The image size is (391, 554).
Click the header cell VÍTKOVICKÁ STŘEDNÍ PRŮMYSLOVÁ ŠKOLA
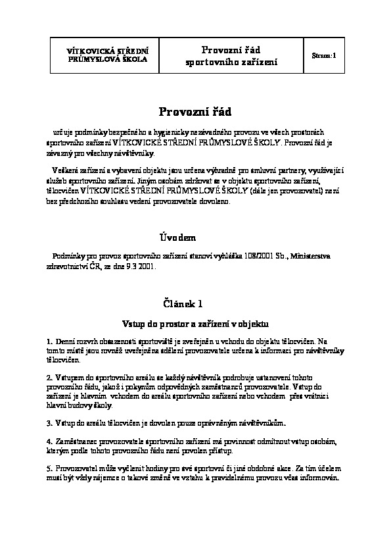click(108, 55)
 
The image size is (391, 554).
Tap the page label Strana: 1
click(323, 56)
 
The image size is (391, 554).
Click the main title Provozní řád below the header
click(195, 111)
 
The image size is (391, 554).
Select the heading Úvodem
click(178, 237)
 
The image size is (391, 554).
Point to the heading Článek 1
click(183, 303)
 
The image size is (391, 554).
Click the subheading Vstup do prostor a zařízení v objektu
click(195, 323)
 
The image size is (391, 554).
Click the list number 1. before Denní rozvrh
click(50, 342)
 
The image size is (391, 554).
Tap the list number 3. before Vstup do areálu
click(50, 420)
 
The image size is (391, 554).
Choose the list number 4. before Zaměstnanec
click(50, 439)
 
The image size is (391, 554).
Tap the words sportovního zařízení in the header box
click(232, 62)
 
